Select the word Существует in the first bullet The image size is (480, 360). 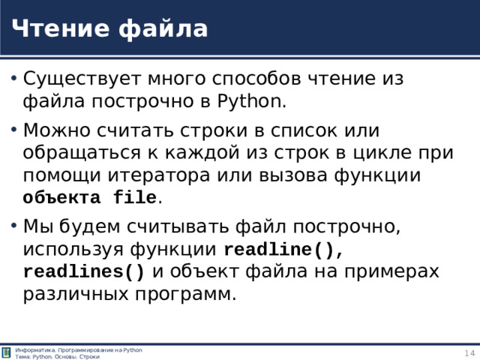pyautogui.click(x=80, y=79)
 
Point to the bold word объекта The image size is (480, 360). pyautogui.click(x=64, y=198)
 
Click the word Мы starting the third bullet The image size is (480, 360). pyautogui.click(x=36, y=226)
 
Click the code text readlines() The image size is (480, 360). pyautogui.click(x=84, y=271)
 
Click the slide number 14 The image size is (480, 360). pyautogui.click(x=469, y=353)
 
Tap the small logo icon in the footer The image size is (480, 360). pyautogui.click(x=7, y=352)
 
